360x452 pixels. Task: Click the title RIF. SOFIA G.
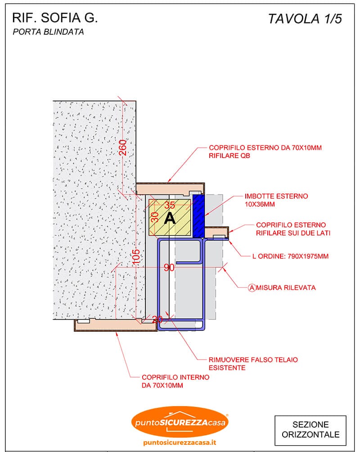[55, 18]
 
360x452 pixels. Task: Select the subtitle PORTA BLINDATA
[48, 32]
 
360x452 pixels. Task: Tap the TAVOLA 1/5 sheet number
[305, 19]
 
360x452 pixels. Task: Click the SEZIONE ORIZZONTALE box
[310, 429]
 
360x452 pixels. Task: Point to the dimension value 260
[123, 147]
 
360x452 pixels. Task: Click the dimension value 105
[136, 257]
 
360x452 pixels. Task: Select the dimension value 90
[169, 267]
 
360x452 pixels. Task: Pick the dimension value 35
[170, 205]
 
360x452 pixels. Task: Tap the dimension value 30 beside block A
[155, 217]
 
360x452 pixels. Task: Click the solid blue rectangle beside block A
[198, 216]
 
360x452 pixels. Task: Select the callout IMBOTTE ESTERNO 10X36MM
[276, 200]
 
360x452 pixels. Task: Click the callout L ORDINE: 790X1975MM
[290, 256]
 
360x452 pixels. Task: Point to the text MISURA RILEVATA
[286, 288]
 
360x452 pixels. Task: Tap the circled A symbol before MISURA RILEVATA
[252, 288]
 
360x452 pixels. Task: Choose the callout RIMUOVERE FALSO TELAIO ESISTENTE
[253, 364]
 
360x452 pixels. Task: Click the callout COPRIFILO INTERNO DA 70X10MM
[175, 381]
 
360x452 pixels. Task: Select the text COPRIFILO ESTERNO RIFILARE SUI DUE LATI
[293, 229]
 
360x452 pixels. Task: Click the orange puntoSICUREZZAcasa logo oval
[180, 422]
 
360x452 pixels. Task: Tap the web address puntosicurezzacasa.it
[180, 443]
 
